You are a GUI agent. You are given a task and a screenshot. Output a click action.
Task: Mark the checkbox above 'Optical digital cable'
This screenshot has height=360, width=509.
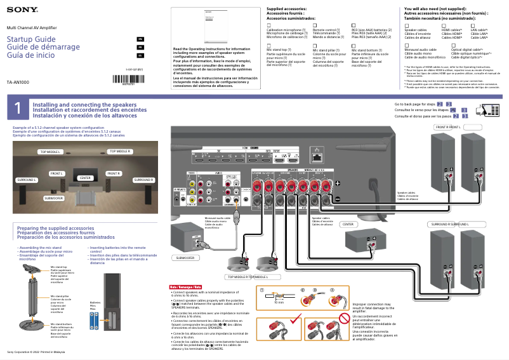click(x=454, y=44)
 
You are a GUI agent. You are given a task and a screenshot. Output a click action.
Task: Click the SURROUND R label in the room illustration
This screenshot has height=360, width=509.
click(x=143, y=180)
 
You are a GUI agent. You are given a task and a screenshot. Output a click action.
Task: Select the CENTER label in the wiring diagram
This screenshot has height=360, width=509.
click(x=348, y=224)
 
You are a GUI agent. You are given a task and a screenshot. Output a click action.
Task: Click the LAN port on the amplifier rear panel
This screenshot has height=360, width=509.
click(x=315, y=155)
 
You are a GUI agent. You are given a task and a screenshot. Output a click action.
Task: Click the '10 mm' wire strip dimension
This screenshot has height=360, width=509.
click(x=279, y=303)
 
